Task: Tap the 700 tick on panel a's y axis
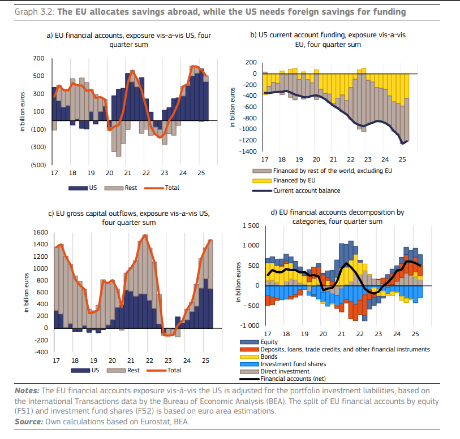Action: (39, 58)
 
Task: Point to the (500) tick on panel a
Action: (37, 165)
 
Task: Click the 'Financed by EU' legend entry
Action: (294, 180)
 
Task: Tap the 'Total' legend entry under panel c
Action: (174, 370)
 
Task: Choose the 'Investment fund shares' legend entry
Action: (294, 364)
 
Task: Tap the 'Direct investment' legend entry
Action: (285, 371)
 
